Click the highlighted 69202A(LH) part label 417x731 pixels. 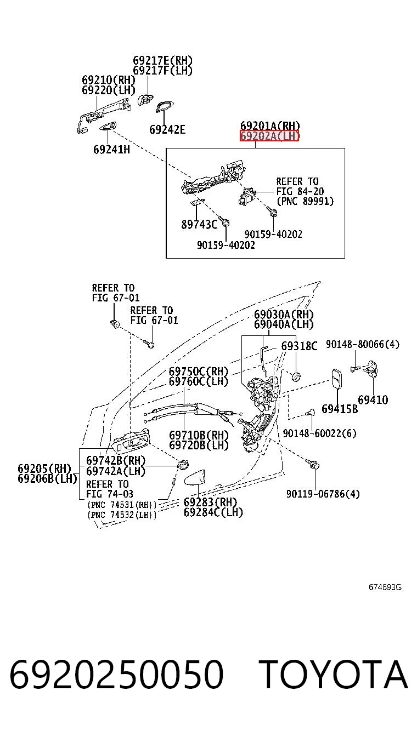(269, 136)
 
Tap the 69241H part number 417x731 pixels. (112, 150)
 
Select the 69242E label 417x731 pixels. (167, 129)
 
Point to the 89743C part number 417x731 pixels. (199, 225)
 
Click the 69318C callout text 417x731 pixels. (299, 346)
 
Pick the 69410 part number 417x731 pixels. (373, 400)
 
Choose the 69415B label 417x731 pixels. (340, 409)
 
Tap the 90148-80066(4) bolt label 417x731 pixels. (363, 344)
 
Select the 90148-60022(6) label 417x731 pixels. (320, 433)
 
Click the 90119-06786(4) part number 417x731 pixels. (323, 494)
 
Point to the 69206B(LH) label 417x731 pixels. (47, 479)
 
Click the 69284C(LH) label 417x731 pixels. (213, 512)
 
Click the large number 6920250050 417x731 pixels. (117, 674)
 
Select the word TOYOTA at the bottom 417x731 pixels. (335, 674)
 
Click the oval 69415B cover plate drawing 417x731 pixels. (337, 379)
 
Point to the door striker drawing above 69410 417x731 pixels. (373, 369)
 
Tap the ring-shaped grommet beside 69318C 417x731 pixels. (296, 377)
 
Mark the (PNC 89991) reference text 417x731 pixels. (305, 201)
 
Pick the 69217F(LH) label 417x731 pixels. (162, 71)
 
